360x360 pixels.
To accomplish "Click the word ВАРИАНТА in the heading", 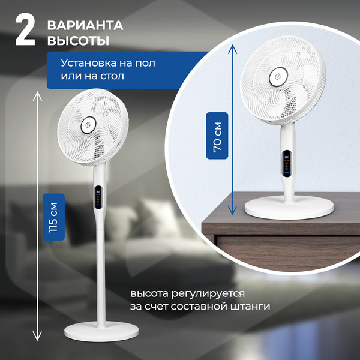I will click(85, 25).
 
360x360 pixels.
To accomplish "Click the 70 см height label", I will click(217, 135).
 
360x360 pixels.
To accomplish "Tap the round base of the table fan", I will click(289, 207).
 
